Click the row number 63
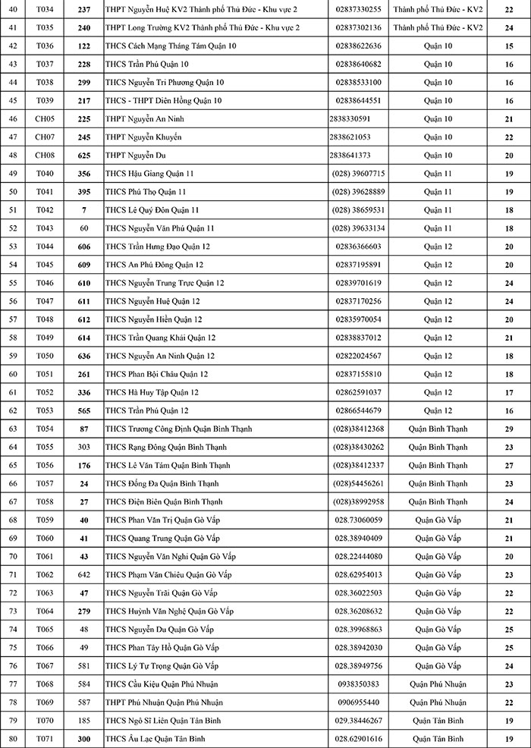point(13,429)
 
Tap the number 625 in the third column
point(84,155)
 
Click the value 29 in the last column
point(509,429)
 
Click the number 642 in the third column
point(84,574)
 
